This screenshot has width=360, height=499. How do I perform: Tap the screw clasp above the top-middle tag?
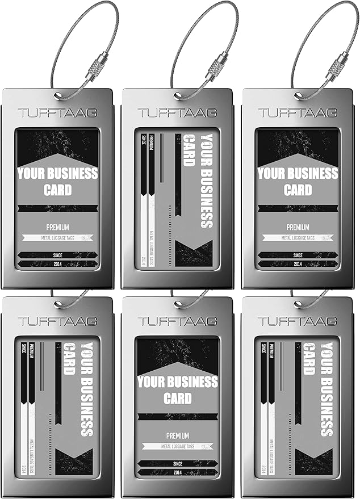pos(217,66)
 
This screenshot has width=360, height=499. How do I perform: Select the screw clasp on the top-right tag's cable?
pos(337,66)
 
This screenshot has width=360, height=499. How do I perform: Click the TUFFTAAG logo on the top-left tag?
pos(57,113)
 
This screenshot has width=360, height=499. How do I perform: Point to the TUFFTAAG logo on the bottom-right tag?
pos(298,321)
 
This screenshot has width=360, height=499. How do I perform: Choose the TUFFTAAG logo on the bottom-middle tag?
pos(177,321)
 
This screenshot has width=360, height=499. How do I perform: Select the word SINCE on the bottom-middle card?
pos(177,463)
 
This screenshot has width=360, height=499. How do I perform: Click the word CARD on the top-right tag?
pos(298,190)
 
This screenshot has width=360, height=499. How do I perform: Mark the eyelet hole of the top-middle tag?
pos(177,95)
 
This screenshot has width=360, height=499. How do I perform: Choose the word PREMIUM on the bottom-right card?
pos(272,352)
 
